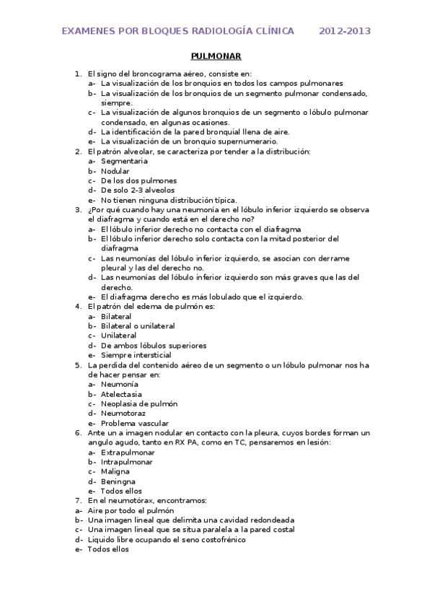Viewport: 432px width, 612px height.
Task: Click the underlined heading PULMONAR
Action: [x=216, y=56]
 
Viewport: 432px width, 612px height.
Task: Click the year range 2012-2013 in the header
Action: [x=345, y=32]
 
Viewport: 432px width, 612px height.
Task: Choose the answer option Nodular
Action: [x=115, y=171]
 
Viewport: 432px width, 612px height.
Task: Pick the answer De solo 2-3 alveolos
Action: [x=138, y=191]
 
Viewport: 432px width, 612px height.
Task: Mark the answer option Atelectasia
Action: [x=121, y=394]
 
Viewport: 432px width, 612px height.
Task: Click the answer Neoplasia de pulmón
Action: [x=138, y=404]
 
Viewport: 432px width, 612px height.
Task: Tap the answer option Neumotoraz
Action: [x=124, y=414]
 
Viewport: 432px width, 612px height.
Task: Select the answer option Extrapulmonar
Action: [x=128, y=453]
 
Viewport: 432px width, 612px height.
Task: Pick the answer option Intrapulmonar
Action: [x=127, y=462]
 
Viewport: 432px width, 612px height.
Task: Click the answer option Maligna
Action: [x=116, y=472]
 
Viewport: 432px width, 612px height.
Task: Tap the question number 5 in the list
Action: [x=78, y=365]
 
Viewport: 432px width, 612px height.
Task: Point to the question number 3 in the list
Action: [x=78, y=209]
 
